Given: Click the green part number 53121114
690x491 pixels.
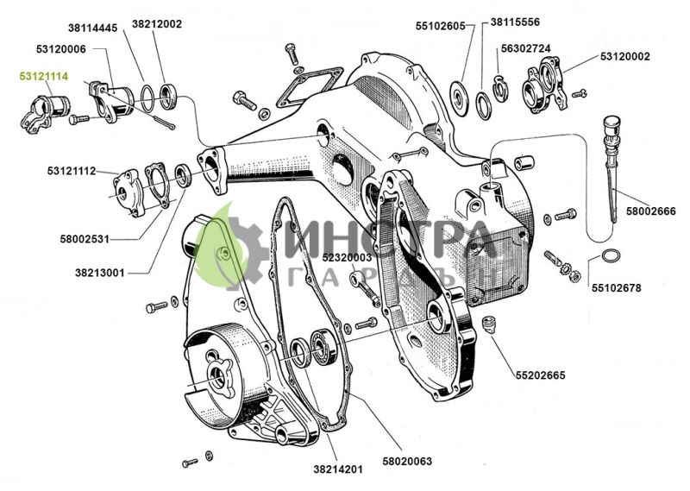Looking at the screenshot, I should pos(44,76).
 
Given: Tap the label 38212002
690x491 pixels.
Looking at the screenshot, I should pos(157,24).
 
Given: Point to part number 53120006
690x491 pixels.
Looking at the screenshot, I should pos(61,49).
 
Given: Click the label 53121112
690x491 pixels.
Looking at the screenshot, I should pos(72,170).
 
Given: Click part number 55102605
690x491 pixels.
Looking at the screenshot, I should pos(440,26).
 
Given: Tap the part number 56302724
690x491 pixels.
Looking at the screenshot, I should pos(527,48).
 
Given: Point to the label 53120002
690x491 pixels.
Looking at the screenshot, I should pos(624,56).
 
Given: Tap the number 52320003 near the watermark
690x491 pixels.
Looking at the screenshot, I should pos(347,257).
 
